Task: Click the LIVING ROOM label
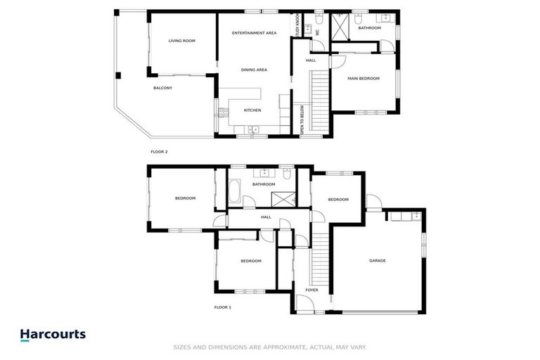pyautogui.click(x=181, y=41)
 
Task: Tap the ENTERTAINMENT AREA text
pyautogui.click(x=255, y=33)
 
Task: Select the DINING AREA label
pyautogui.click(x=254, y=70)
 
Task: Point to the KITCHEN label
pyautogui.click(x=252, y=110)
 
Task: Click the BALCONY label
pyautogui.click(x=162, y=88)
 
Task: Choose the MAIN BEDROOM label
pyautogui.click(x=364, y=78)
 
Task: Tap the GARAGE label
pyautogui.click(x=378, y=261)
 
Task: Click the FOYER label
pyautogui.click(x=311, y=290)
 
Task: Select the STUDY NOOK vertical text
pyautogui.click(x=298, y=25)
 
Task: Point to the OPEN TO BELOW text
pyautogui.click(x=302, y=120)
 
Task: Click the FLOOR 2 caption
pyautogui.click(x=159, y=151)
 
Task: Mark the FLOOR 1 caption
pyautogui.click(x=223, y=307)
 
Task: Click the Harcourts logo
pyautogui.click(x=53, y=335)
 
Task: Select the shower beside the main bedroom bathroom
pyautogui.click(x=342, y=30)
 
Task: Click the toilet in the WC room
pyautogui.click(x=319, y=19)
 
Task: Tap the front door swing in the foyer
pyautogui.click(x=304, y=304)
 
